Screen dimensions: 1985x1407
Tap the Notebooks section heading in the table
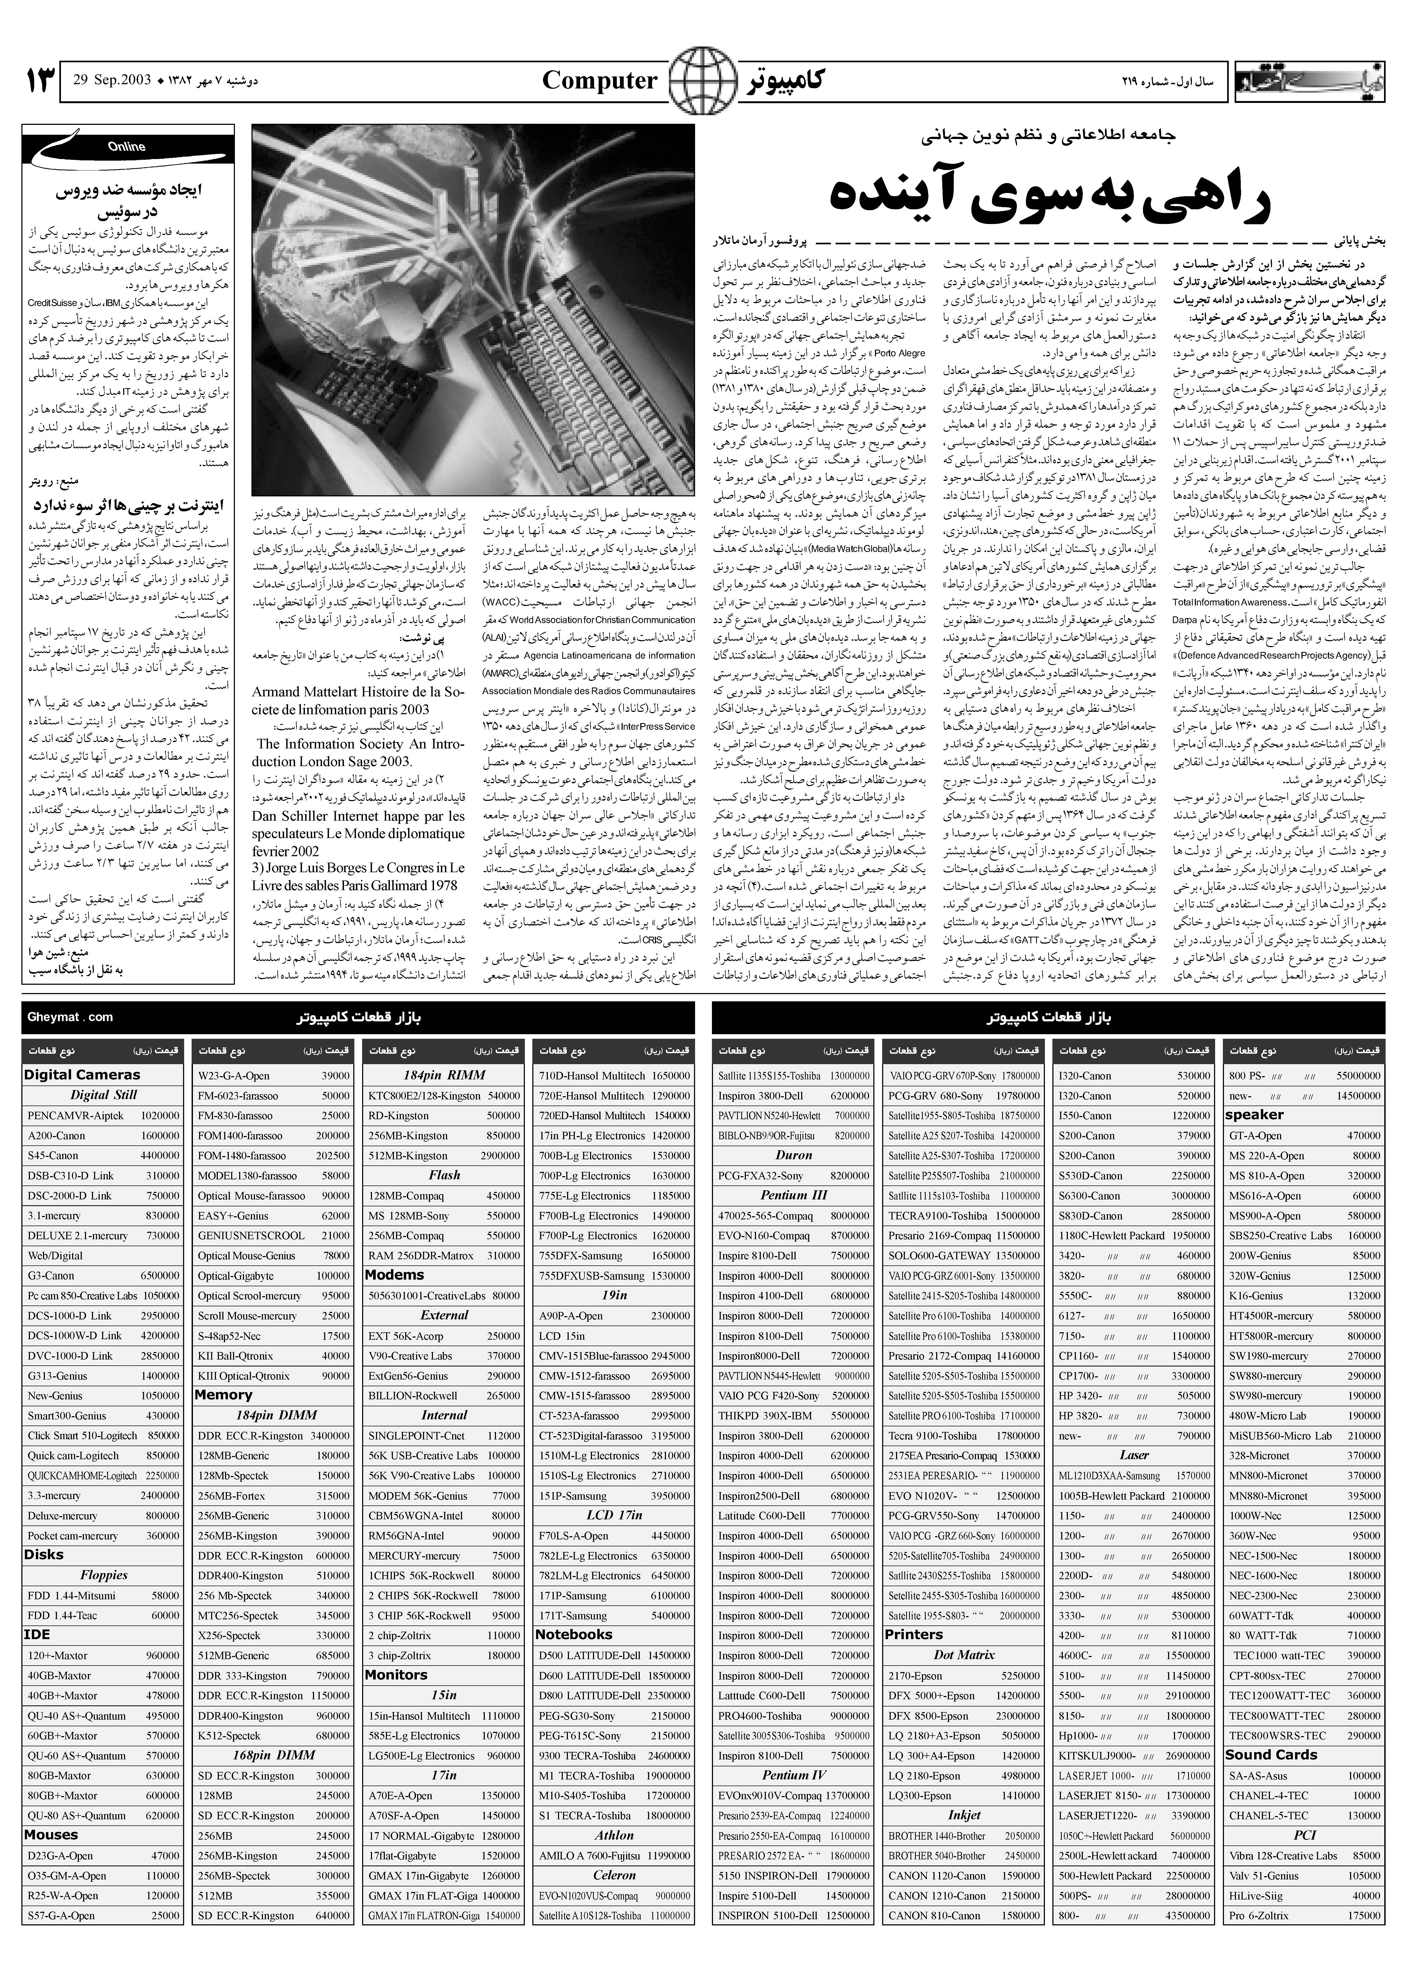point(573,1634)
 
